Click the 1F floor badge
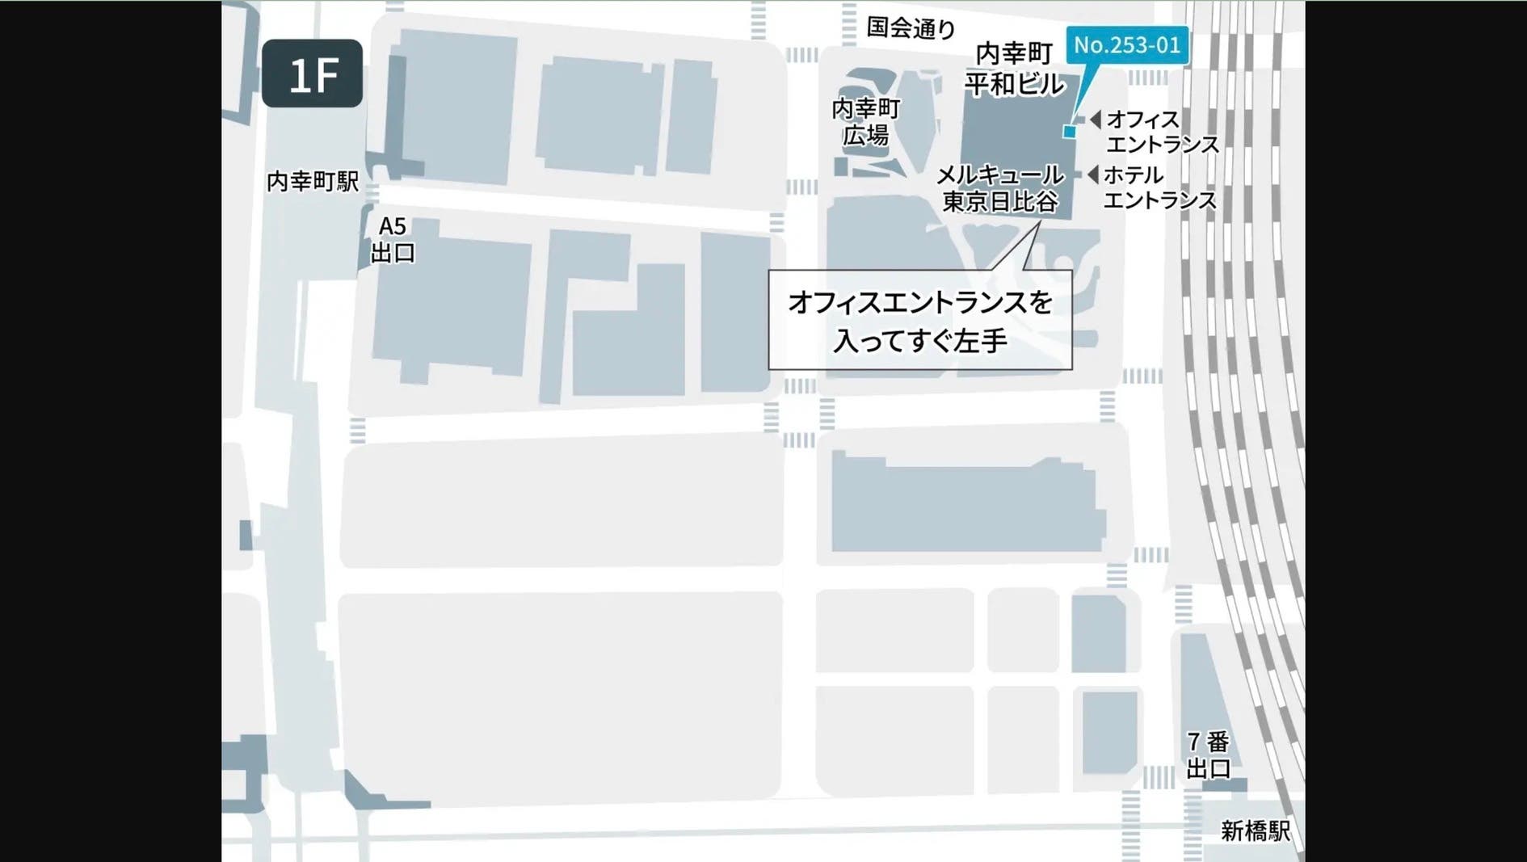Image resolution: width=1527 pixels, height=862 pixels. click(312, 74)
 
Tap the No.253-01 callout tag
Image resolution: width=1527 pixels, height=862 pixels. click(1127, 44)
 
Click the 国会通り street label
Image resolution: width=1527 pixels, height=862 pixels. click(911, 27)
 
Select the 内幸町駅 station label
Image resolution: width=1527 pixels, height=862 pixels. click(313, 181)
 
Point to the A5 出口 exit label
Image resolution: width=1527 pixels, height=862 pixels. click(393, 239)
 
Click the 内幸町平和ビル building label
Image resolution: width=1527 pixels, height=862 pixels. click(1014, 69)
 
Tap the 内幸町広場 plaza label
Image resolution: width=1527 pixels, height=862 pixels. click(865, 121)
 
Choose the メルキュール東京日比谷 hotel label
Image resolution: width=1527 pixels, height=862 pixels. click(999, 187)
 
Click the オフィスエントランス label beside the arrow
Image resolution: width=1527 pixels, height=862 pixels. click(1162, 132)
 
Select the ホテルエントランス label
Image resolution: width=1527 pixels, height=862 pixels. click(1159, 187)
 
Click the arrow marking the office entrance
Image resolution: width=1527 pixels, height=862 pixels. click(1095, 120)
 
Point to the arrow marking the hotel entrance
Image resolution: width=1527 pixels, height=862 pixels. click(1093, 175)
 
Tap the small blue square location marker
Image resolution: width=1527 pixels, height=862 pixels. click(1070, 132)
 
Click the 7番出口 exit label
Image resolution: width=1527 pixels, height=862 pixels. click(1208, 755)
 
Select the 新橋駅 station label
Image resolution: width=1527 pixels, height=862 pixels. click(1255, 830)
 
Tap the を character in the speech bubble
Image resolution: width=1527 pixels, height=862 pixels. click(1041, 302)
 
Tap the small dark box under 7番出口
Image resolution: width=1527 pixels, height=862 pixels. click(1225, 784)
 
